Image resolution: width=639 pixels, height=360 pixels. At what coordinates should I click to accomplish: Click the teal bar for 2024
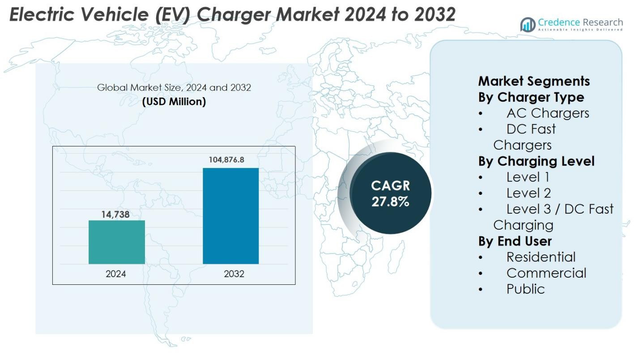click(116, 242)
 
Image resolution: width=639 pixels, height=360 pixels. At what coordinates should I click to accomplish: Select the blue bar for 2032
click(230, 216)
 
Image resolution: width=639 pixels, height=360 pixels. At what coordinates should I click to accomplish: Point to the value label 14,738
click(115, 214)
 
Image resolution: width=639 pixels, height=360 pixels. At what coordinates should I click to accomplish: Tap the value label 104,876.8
click(226, 159)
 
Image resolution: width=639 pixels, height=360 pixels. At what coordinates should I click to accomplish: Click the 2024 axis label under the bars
click(115, 274)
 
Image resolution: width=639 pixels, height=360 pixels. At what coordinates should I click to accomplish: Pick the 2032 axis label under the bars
click(234, 274)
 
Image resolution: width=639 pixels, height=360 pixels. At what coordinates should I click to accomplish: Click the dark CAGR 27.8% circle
click(390, 193)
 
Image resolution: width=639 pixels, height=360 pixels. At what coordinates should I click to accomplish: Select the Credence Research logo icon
click(528, 25)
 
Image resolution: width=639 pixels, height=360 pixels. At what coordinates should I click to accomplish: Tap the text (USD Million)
click(174, 102)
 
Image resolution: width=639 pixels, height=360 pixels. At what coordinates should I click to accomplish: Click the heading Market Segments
click(534, 81)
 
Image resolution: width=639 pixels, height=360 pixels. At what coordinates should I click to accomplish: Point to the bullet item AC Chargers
click(548, 113)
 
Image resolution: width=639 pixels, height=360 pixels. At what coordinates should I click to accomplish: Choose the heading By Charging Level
click(536, 161)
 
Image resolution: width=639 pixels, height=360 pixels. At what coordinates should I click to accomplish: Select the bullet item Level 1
click(528, 177)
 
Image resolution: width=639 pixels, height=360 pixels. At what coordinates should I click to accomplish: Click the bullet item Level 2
click(528, 193)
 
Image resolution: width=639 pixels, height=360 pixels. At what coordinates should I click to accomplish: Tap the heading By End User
click(515, 241)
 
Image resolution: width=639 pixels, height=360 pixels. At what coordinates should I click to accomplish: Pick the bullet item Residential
click(541, 257)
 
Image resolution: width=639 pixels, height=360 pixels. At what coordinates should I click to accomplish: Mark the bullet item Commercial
click(546, 273)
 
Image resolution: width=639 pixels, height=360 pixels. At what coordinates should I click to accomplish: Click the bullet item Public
click(525, 289)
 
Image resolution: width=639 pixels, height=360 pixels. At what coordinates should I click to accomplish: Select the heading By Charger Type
click(531, 97)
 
